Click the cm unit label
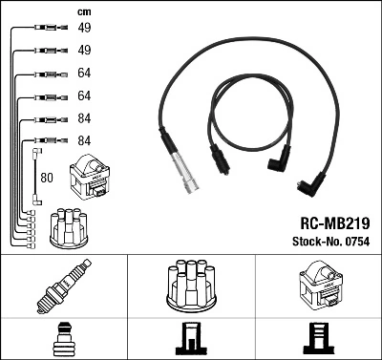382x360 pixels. (84, 11)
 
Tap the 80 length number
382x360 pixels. (48, 177)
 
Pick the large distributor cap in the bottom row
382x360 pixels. (190, 284)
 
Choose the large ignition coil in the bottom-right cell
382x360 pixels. (319, 285)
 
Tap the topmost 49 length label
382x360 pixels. (84, 29)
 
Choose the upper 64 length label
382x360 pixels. (84, 74)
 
